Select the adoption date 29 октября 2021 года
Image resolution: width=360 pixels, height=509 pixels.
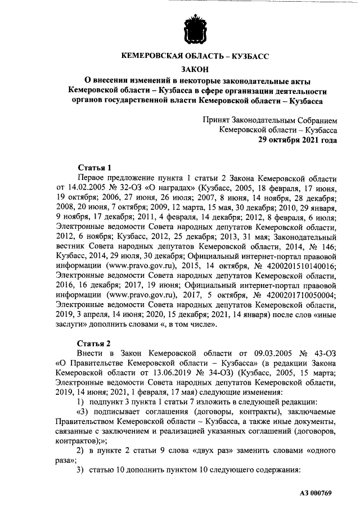pos(298,141)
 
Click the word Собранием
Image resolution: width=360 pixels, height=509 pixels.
pos(318,120)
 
